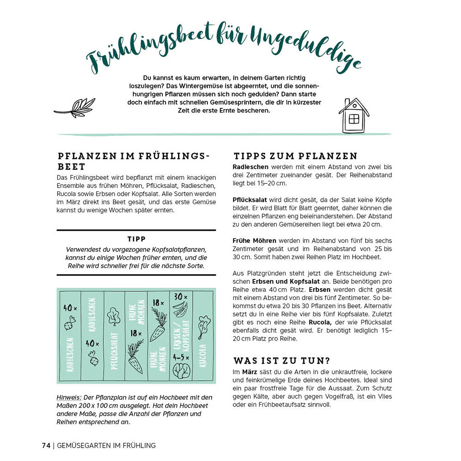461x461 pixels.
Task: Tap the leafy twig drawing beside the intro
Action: click(x=75, y=108)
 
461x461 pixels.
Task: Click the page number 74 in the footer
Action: click(x=46, y=445)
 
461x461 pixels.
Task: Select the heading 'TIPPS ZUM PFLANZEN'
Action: click(x=296, y=156)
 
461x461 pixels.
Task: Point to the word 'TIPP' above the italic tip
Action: click(x=136, y=239)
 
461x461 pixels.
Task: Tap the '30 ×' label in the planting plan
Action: click(x=180, y=297)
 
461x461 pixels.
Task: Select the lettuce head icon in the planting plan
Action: click(x=180, y=371)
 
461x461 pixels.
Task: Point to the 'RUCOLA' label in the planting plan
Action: click(x=202, y=355)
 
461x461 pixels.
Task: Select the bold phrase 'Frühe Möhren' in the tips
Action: click(x=255, y=240)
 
